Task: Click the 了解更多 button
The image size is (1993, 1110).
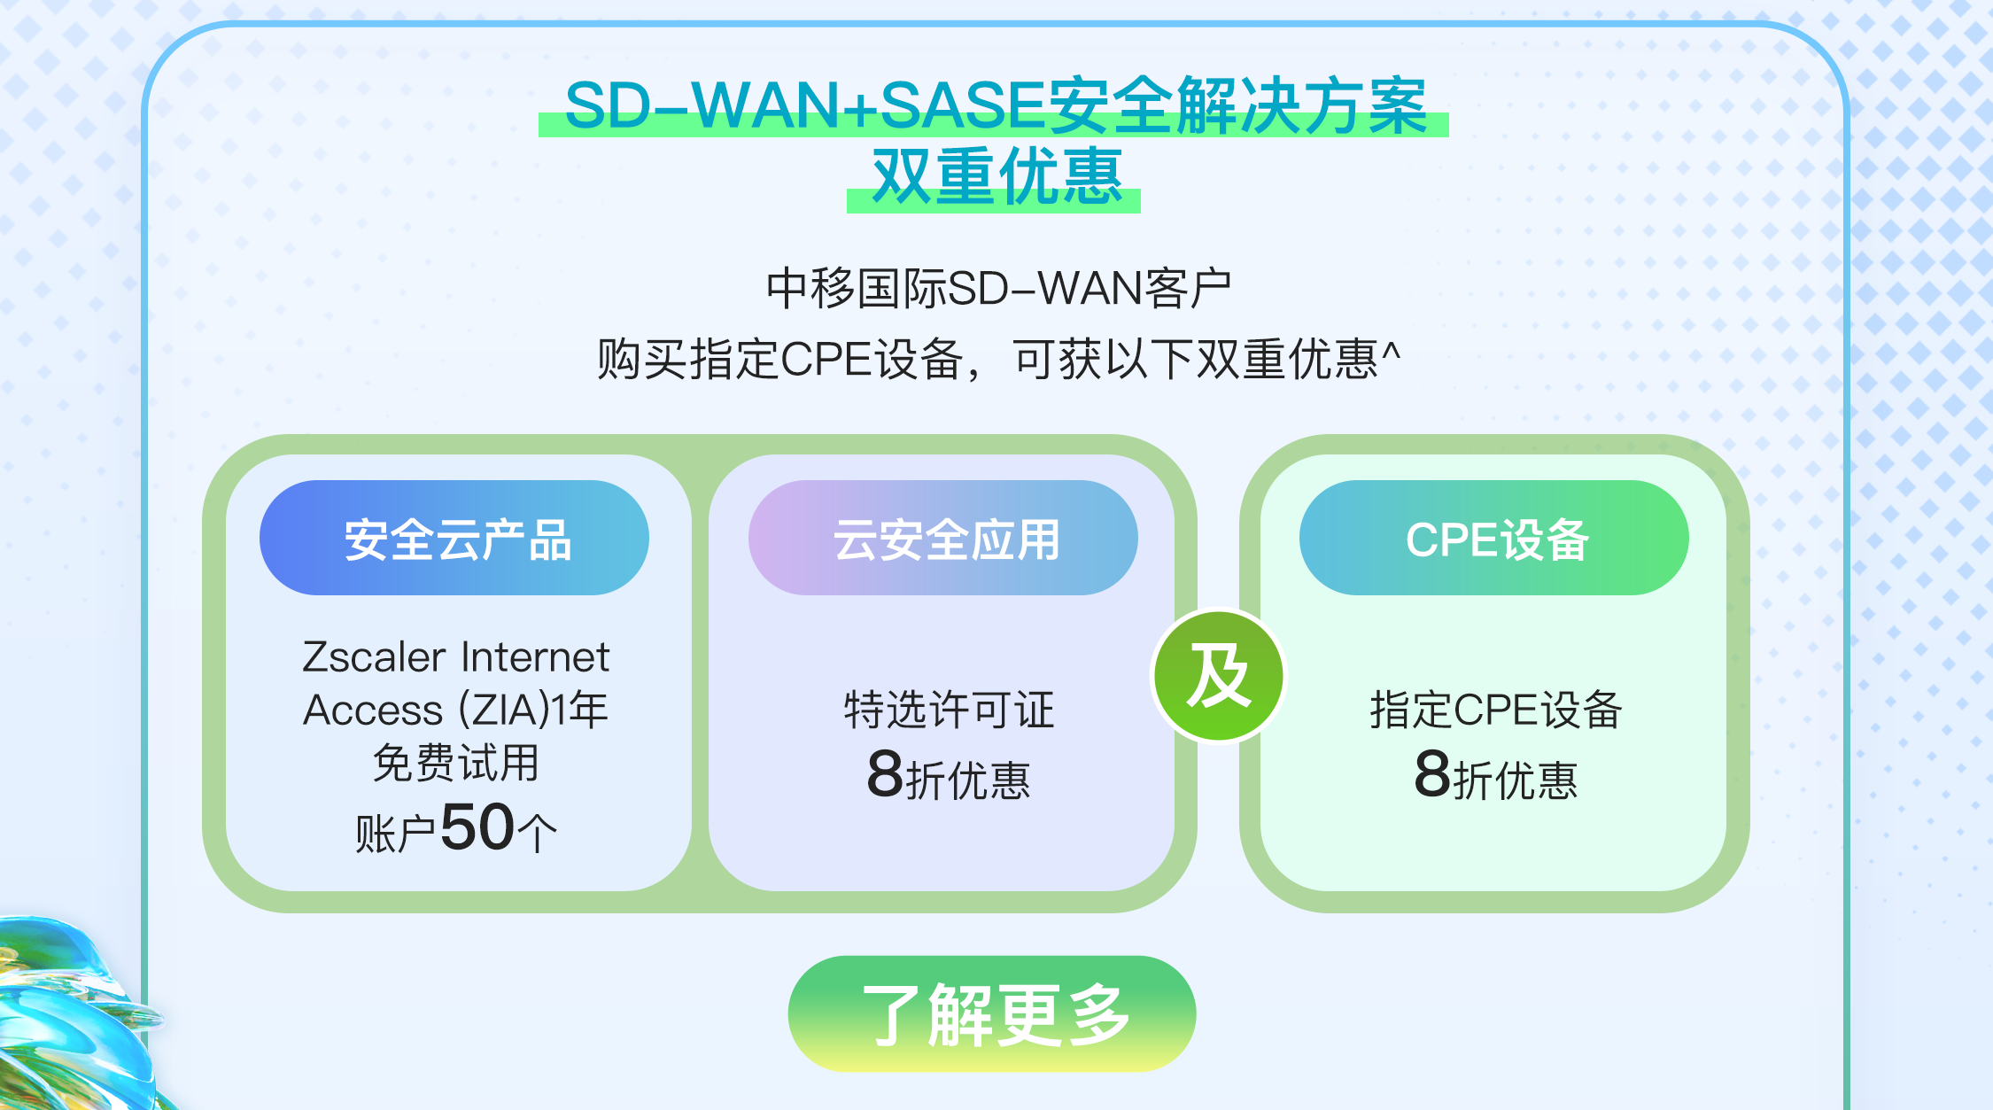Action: click(x=991, y=1013)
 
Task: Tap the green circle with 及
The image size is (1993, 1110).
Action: click(x=1219, y=676)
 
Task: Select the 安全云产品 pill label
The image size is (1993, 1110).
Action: click(x=454, y=538)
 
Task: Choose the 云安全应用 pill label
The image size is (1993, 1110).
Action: click(x=943, y=538)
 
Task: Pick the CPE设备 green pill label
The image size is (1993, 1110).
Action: click(x=1494, y=538)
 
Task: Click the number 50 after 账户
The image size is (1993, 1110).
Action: click(x=477, y=827)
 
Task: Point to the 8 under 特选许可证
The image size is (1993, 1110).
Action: click(x=885, y=773)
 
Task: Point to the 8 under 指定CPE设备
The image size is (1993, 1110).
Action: click(x=1432, y=773)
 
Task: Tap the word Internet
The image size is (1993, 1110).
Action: click(x=535, y=656)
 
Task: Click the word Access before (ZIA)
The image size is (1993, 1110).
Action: click(x=373, y=710)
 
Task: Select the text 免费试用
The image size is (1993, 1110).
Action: click(x=455, y=763)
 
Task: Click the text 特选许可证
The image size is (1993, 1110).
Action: click(x=949, y=710)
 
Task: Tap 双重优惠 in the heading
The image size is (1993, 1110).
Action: click(x=996, y=176)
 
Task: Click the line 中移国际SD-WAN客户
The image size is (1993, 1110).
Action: click(x=999, y=288)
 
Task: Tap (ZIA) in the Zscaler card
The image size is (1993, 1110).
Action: click(x=503, y=710)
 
